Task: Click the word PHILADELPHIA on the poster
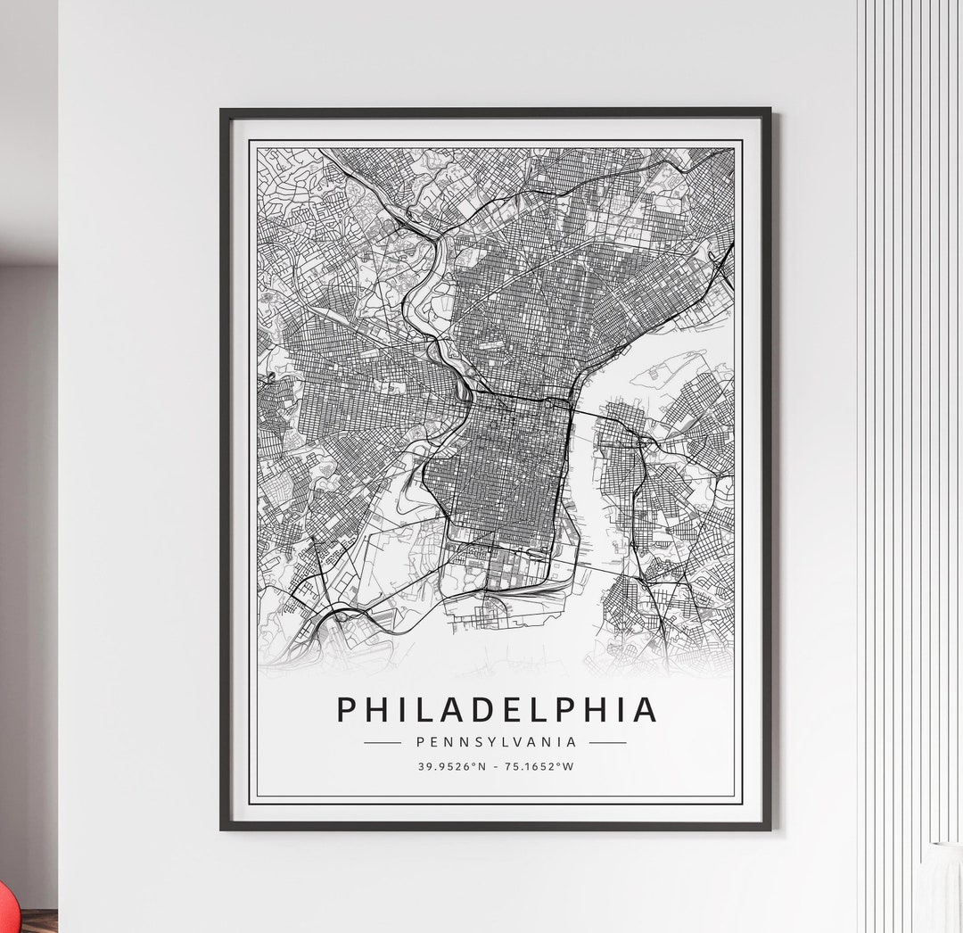(497, 710)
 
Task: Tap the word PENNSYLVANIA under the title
(497, 741)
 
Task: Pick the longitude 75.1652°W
(539, 766)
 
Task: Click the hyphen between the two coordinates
(496, 766)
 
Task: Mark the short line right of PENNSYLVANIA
(608, 742)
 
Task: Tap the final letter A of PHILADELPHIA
(645, 710)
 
